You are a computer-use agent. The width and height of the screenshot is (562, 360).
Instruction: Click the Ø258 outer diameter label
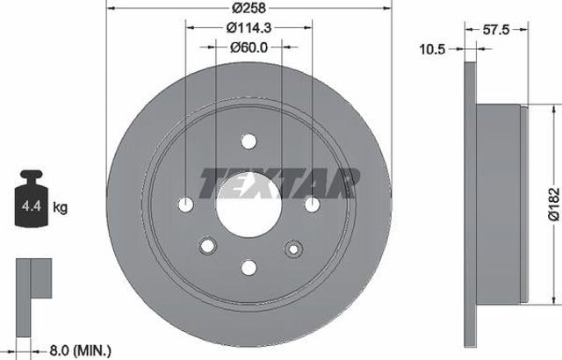(249, 9)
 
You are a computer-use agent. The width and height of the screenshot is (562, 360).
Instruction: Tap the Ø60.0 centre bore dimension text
(249, 47)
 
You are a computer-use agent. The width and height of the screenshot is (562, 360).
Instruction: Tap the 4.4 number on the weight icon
(28, 207)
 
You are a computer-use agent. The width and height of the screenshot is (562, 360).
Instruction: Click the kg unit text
(61, 208)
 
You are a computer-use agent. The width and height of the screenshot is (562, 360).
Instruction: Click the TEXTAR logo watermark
(279, 183)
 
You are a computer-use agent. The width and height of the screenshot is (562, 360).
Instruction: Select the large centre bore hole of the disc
(249, 203)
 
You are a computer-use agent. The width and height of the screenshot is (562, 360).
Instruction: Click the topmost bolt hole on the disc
(249, 140)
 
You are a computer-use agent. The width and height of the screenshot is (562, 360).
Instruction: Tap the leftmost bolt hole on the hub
(186, 204)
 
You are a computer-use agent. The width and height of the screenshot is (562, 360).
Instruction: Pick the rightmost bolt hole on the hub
(312, 204)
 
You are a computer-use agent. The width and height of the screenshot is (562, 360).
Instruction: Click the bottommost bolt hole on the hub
(249, 266)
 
